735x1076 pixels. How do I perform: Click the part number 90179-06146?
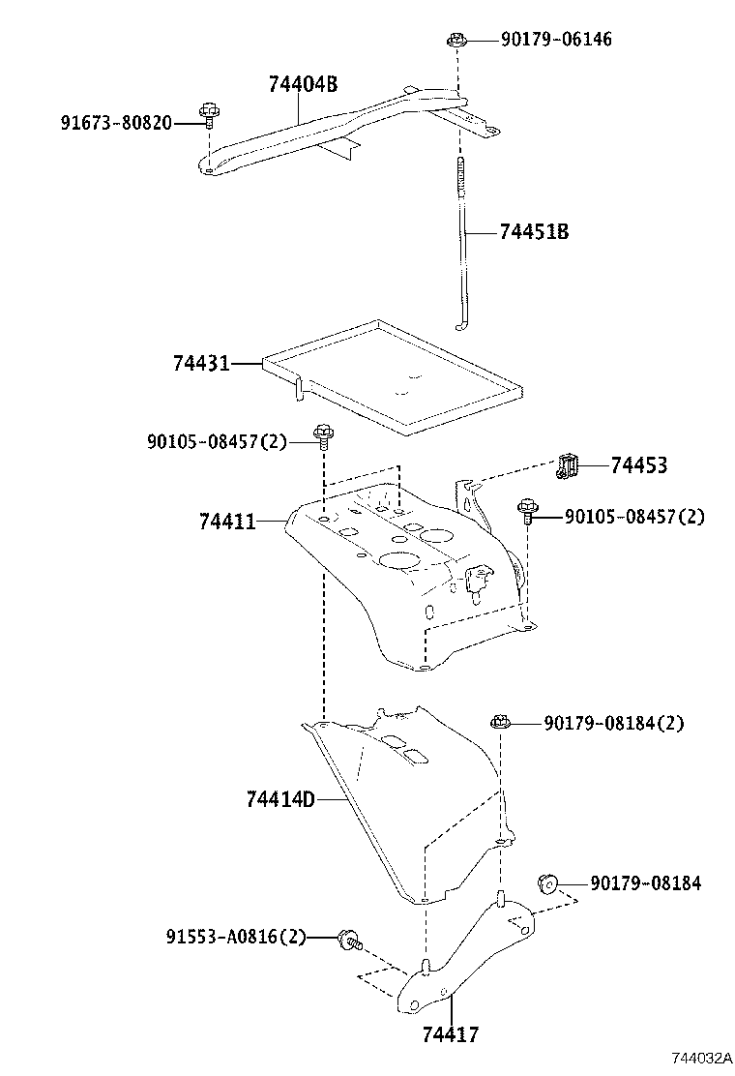pos(556,40)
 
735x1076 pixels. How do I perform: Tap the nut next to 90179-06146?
pos(456,41)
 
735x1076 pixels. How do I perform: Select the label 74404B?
pos(303,84)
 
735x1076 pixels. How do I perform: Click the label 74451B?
pos(534,232)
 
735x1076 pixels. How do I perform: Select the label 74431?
pos(201,364)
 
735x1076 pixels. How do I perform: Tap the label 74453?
pos(638,466)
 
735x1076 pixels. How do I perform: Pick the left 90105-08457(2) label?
pos(217,441)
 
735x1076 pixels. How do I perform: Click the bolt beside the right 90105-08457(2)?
pos(528,510)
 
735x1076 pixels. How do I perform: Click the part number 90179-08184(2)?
pos(613,723)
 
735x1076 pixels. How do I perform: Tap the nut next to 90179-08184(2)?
pos(500,722)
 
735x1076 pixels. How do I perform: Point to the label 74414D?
pos(280,799)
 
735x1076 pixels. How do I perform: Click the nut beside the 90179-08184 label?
pos(547,882)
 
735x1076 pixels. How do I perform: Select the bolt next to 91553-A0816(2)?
pos(348,937)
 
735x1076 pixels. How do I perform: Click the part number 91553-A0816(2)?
pos(235,937)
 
